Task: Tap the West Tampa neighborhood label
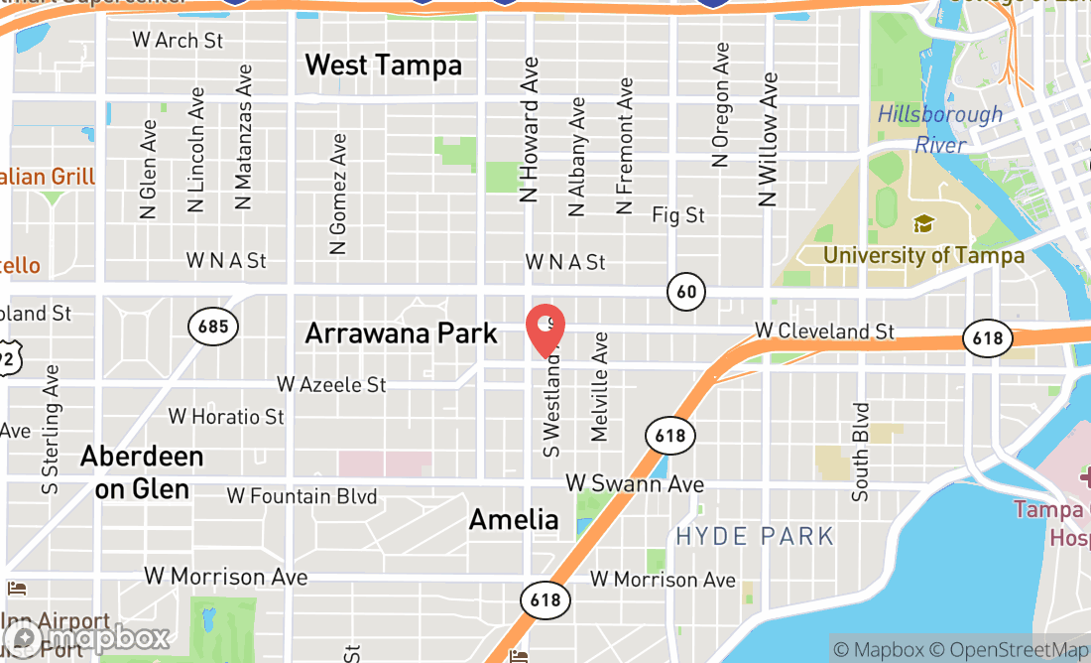pyautogui.click(x=383, y=66)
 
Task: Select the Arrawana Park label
pyautogui.click(x=401, y=333)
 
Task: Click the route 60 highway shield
pyautogui.click(x=685, y=291)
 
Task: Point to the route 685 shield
pyautogui.click(x=211, y=326)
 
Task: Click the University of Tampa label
pyautogui.click(x=923, y=255)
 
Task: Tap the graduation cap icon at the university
pyautogui.click(x=923, y=223)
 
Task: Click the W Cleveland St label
pyautogui.click(x=824, y=331)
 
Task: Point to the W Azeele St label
pyautogui.click(x=331, y=384)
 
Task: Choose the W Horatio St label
pyautogui.click(x=226, y=416)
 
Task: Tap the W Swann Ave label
pyautogui.click(x=635, y=483)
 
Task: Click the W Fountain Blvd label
pyautogui.click(x=302, y=495)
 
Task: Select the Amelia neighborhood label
pyautogui.click(x=514, y=519)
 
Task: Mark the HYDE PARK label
pyautogui.click(x=755, y=537)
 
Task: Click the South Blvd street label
pyautogui.click(x=860, y=451)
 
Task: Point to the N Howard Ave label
pyautogui.click(x=531, y=129)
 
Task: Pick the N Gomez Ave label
pyautogui.click(x=338, y=195)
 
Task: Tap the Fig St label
pyautogui.click(x=678, y=214)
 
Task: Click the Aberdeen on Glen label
pyautogui.click(x=142, y=472)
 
